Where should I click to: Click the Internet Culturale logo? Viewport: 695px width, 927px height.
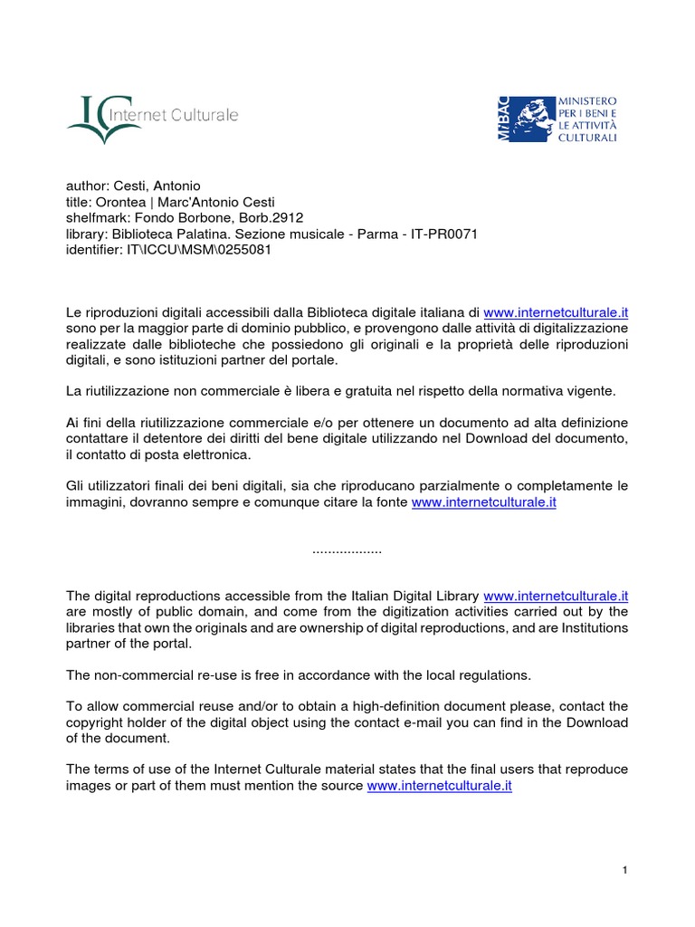[152, 118]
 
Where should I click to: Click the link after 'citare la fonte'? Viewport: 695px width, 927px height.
[483, 502]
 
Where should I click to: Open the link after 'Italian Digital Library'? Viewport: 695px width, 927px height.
[556, 597]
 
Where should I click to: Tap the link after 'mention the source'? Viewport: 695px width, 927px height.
[439, 787]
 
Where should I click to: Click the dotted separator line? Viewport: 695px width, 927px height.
[347, 550]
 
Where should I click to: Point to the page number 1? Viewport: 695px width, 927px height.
[624, 871]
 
